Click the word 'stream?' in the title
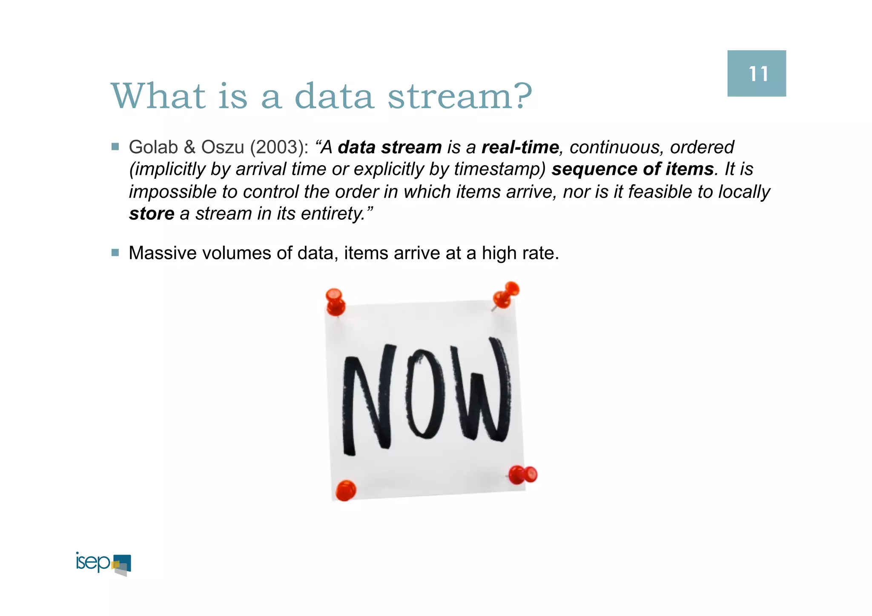[460, 96]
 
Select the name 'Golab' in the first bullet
[153, 147]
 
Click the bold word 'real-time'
[520, 147]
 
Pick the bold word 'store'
[152, 214]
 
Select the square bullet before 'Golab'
[115, 147]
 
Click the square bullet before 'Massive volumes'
[115, 253]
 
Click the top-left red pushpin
[335, 301]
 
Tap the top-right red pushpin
[505, 295]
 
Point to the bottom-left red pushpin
[345, 490]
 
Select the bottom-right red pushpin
[523, 475]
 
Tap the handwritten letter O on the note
[425, 394]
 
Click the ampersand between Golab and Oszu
[189, 147]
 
